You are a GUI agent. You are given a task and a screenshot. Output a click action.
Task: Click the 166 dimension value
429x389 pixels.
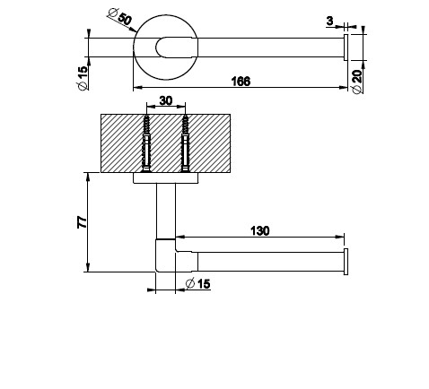point(241,82)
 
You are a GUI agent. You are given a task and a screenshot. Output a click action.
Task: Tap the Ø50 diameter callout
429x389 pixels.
point(120,17)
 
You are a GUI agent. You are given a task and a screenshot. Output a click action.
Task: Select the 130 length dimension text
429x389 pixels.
point(259,230)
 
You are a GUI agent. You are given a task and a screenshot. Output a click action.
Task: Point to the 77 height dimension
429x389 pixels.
point(82,222)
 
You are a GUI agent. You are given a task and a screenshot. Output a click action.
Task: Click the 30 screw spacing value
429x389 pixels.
point(166,101)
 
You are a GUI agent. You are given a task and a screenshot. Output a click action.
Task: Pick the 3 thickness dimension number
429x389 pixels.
point(329,21)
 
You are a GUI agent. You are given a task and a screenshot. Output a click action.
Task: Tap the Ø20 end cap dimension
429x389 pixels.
point(357,81)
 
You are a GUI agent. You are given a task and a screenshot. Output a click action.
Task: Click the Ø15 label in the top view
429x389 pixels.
point(83,78)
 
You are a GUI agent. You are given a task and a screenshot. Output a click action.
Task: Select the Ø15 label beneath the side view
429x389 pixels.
point(197,283)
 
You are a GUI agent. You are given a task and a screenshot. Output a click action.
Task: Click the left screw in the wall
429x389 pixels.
point(146,143)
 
